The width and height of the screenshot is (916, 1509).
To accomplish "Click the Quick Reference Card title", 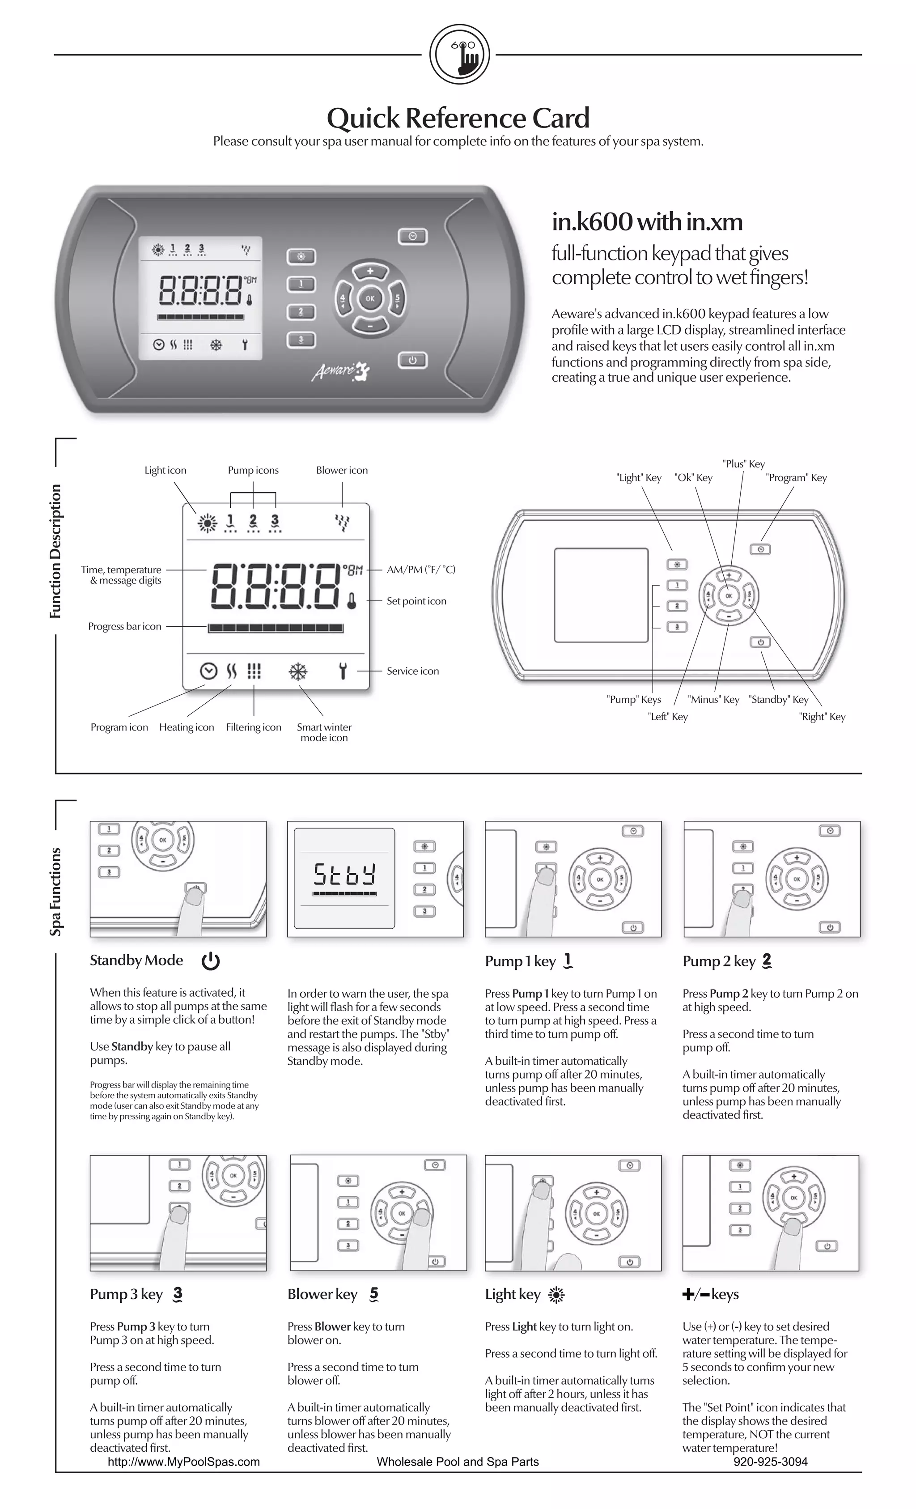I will click(458, 118).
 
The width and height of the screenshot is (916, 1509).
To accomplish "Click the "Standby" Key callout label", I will click(778, 699).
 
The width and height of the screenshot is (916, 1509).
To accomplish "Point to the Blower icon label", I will click(342, 470).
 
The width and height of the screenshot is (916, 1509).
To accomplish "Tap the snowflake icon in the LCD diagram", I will click(298, 672).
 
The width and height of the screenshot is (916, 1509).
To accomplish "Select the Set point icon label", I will click(416, 601).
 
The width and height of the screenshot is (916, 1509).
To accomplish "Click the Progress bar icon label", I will click(124, 626).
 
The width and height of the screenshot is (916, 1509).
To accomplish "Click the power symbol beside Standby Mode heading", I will click(211, 961).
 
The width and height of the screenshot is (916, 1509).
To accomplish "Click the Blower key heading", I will click(322, 1294).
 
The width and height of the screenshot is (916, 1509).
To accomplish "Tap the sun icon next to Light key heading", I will click(556, 1295).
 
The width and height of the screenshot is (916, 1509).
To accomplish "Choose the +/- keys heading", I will click(710, 1294).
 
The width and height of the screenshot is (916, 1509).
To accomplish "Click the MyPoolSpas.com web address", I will click(184, 1462).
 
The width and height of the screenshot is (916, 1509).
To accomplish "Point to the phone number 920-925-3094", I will click(770, 1462).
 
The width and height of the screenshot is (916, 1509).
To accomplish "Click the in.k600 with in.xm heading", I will click(647, 222).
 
